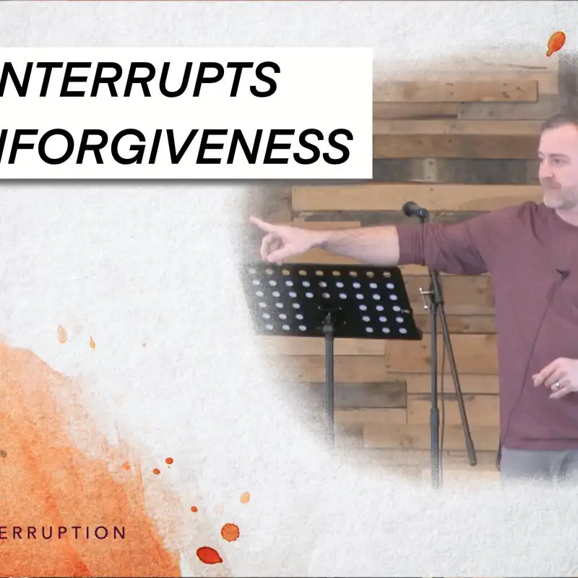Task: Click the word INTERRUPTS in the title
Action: click(x=144, y=79)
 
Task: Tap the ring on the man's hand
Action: click(x=556, y=386)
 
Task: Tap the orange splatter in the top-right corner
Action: click(x=555, y=43)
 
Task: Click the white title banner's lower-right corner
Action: click(x=370, y=176)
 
